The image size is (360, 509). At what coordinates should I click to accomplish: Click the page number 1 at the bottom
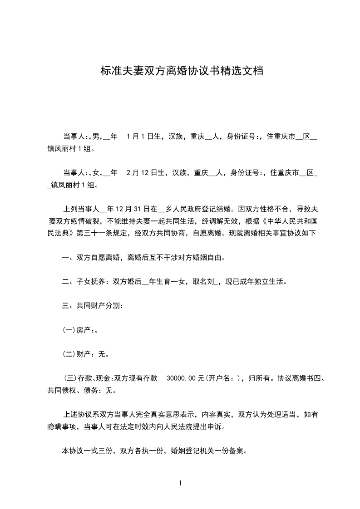(180, 483)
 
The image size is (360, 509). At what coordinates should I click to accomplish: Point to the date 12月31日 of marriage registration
(130, 210)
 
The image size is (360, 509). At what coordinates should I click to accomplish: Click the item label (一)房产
(77, 330)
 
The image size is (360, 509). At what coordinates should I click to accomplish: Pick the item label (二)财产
(77, 354)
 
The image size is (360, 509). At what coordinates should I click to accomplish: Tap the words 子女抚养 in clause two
(91, 282)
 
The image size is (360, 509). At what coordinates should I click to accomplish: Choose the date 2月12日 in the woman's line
(142, 172)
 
